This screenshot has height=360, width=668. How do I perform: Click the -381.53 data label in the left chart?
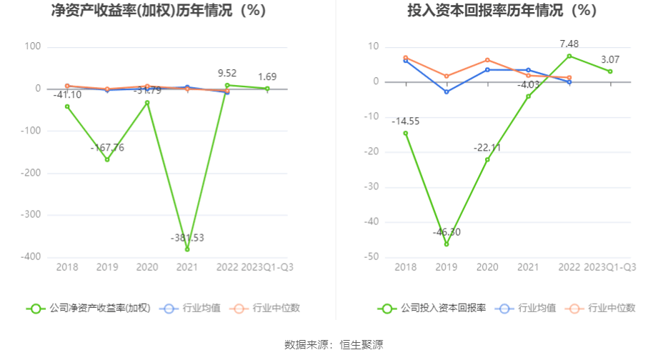187,237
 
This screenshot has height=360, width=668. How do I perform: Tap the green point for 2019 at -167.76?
107,159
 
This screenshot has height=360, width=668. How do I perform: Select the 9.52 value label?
227,73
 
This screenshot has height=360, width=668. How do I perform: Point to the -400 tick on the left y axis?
31,257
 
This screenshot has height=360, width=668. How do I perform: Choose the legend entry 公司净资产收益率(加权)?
89,309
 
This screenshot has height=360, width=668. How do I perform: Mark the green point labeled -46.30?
447,244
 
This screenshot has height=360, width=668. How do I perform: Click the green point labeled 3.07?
610,71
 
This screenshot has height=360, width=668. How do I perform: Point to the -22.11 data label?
487,147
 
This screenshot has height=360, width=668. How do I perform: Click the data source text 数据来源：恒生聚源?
334,345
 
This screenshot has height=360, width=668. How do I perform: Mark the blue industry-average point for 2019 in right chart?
447,92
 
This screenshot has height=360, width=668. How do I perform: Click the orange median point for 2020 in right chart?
487,60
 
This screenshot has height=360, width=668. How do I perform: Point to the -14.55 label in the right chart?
406,121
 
